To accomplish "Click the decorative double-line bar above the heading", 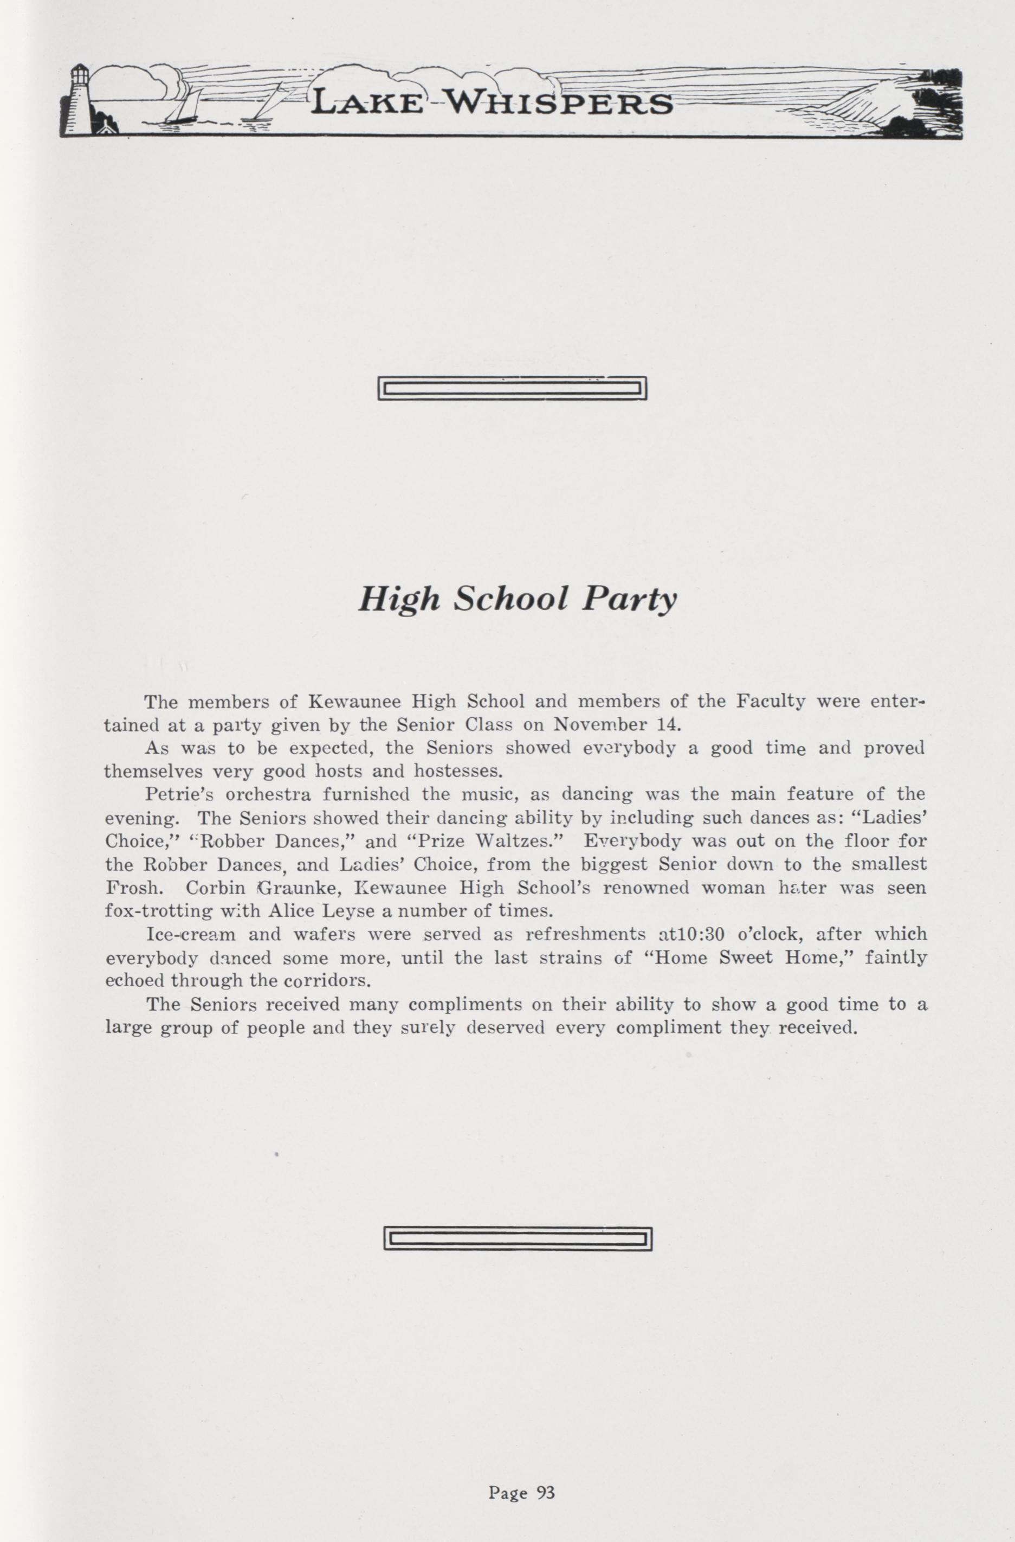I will (x=512, y=389).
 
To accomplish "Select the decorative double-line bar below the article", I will (x=517, y=1239).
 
